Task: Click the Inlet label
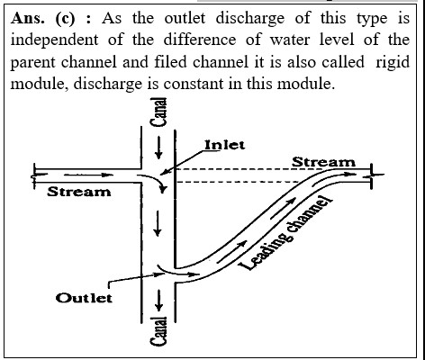pos(224,145)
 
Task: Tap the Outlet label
pos(84,298)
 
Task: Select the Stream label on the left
pos(79,192)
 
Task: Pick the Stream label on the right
pos(323,162)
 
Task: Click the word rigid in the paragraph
pos(393,63)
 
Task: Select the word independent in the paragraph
pos(54,40)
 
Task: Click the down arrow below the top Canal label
pos(158,148)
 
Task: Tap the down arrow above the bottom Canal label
pos(158,300)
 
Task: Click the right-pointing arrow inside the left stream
pos(88,175)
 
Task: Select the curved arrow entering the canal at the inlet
pos(154,180)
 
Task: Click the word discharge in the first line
pos(250,19)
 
